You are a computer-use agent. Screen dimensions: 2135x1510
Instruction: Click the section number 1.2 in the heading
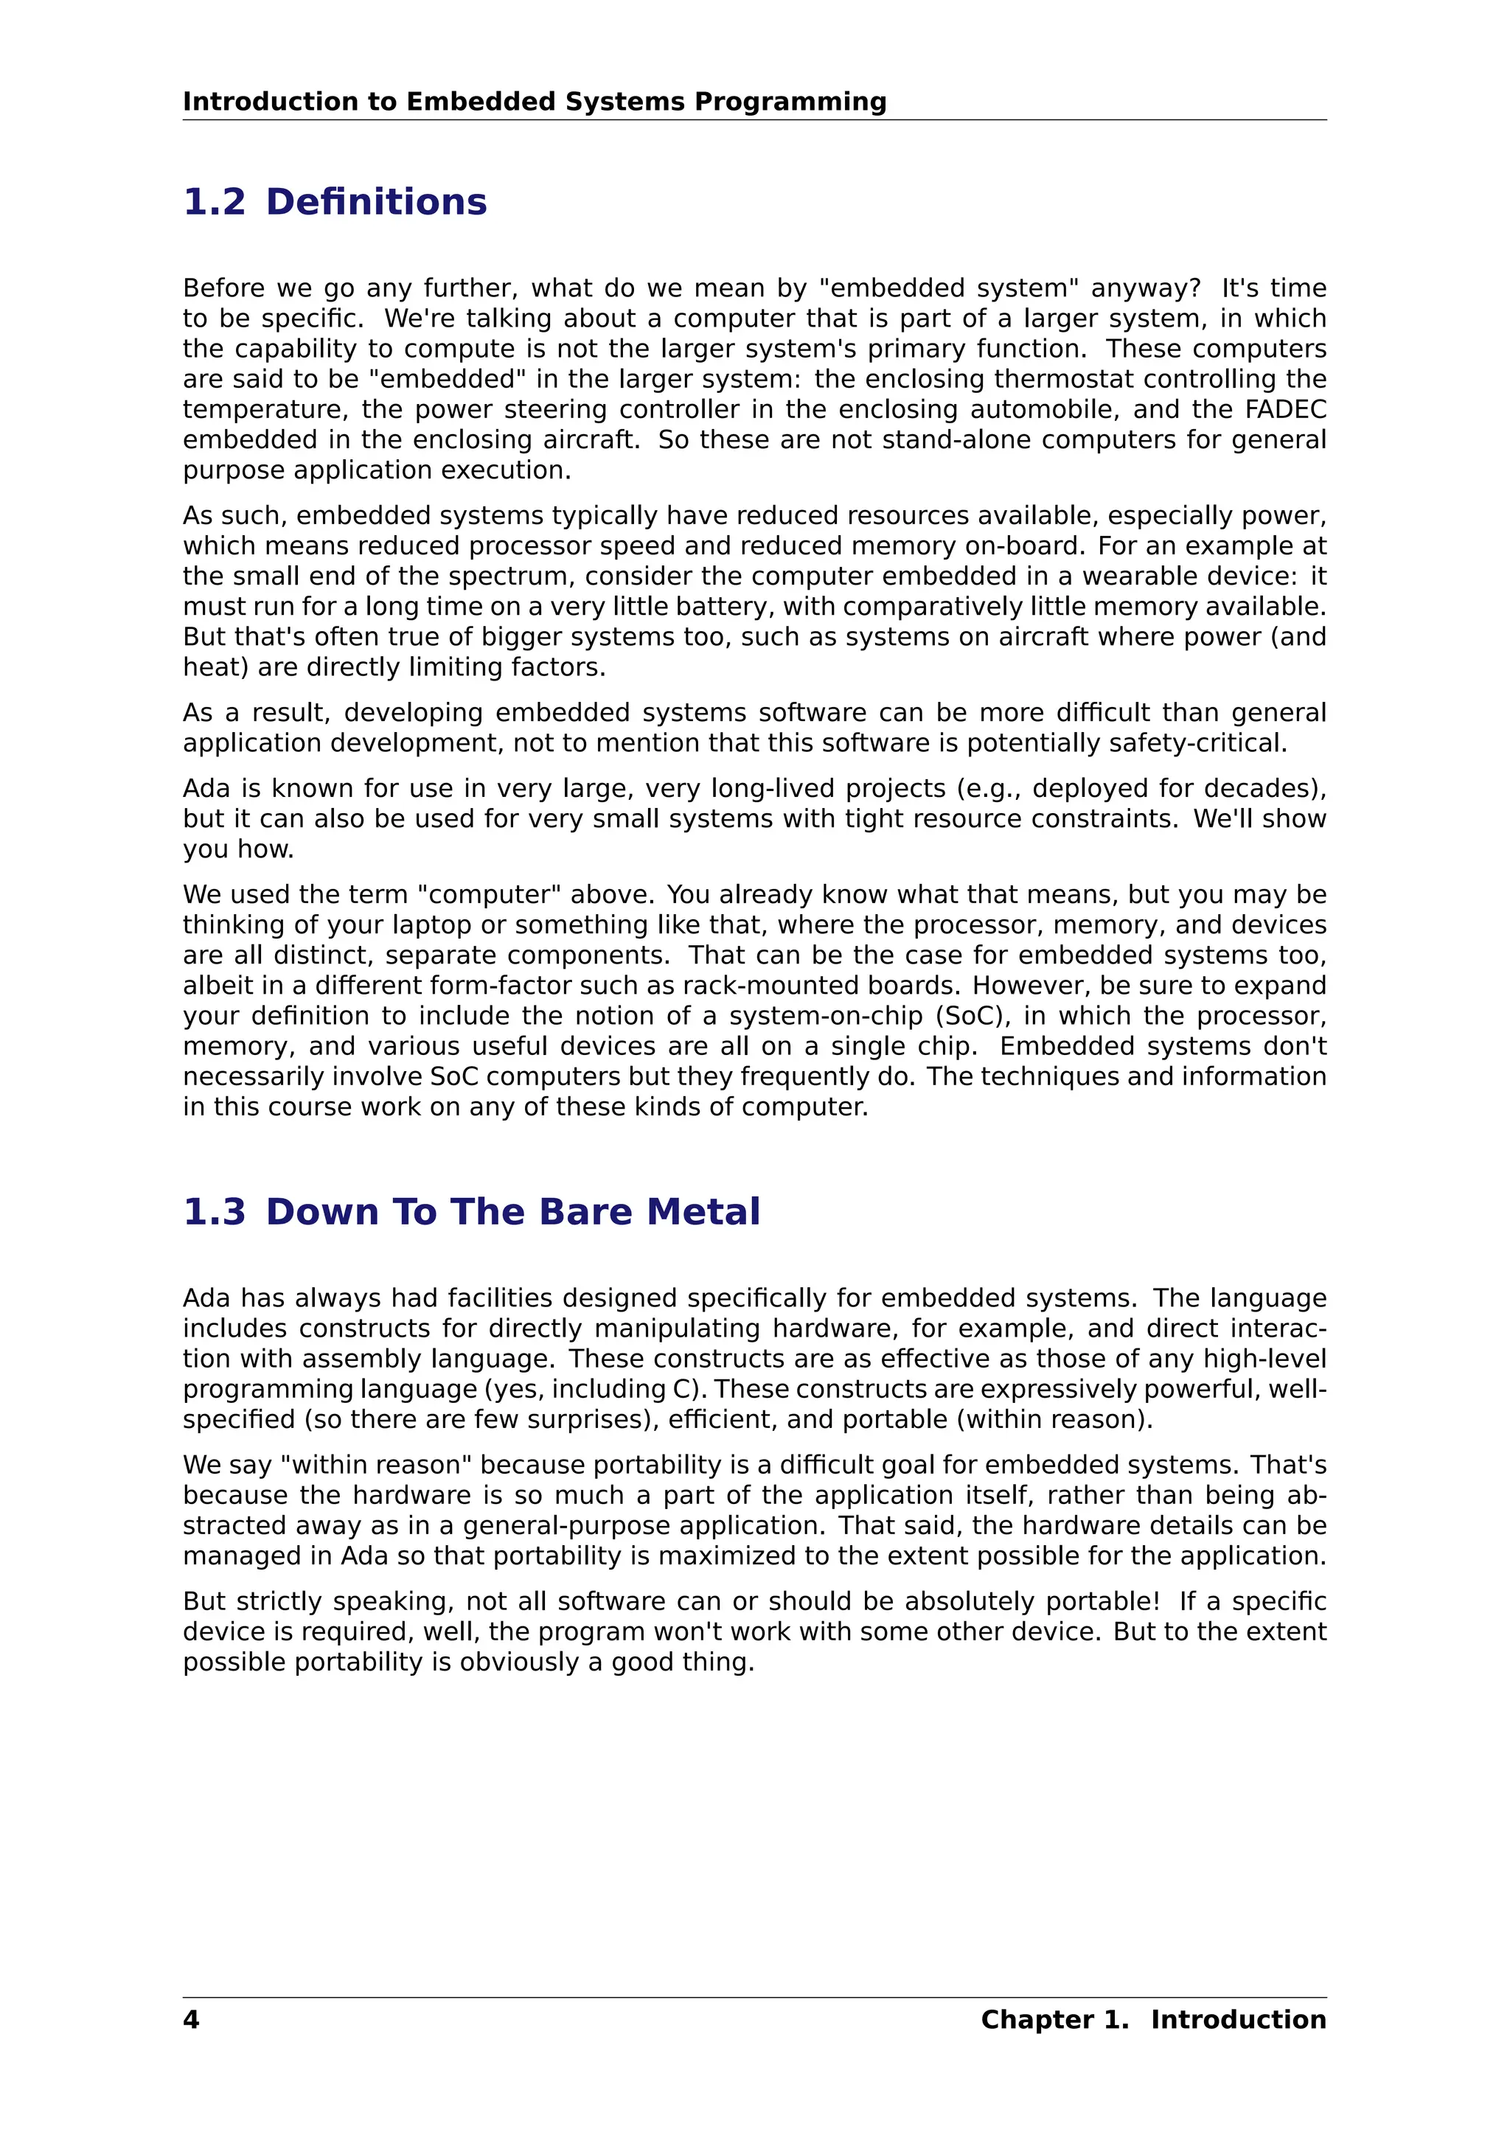[x=215, y=202]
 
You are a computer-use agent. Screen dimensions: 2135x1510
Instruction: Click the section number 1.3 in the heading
[x=215, y=1212]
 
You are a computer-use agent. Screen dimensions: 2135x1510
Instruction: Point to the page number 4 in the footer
[x=191, y=2020]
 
